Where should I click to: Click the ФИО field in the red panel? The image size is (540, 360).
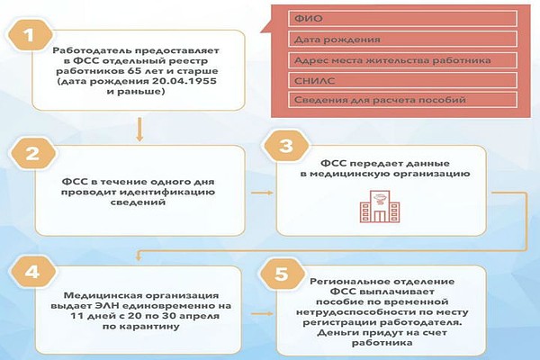(404, 19)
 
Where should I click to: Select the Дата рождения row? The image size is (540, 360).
(404, 40)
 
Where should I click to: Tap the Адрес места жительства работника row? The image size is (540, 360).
(404, 60)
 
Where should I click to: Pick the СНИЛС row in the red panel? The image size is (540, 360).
(404, 81)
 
